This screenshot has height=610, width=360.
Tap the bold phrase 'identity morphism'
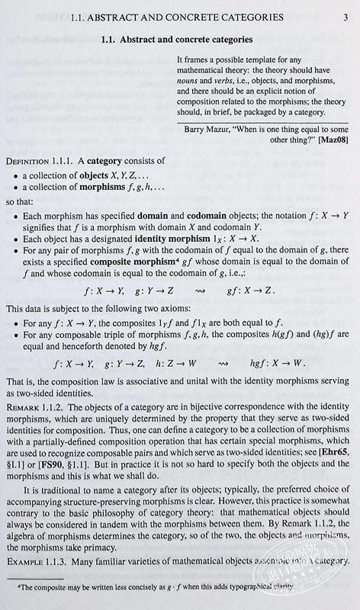tap(189, 239)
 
